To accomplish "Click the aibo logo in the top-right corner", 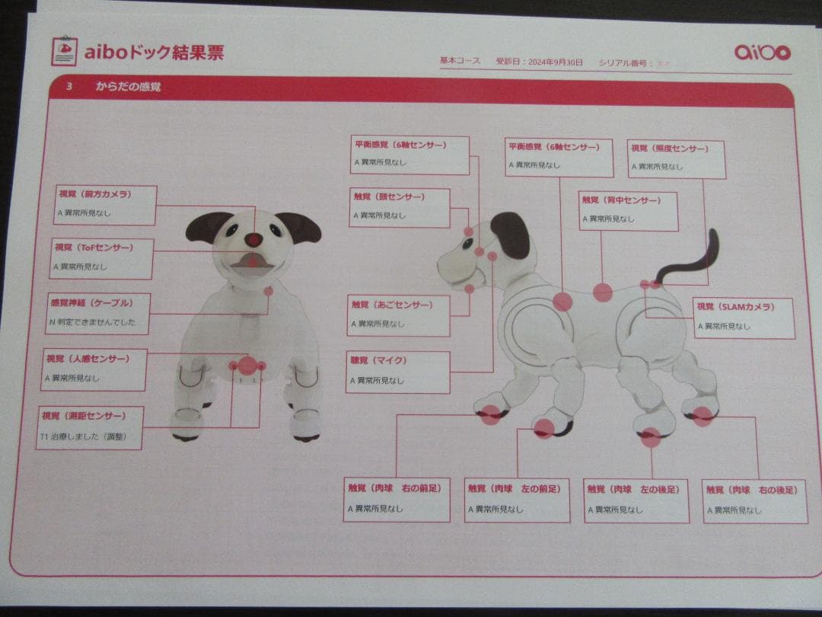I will click(763, 52).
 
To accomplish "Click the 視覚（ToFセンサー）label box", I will click(102, 258).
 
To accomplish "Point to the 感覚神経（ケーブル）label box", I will click(97, 313).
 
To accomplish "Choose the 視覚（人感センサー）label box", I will click(94, 369).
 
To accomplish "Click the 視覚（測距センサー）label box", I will click(89, 427).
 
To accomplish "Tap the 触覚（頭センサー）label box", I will click(400, 207).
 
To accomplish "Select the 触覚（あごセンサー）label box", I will click(398, 315).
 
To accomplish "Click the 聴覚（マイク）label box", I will click(397, 371).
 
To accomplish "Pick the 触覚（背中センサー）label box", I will click(628, 210).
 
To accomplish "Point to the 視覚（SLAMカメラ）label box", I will click(744, 317).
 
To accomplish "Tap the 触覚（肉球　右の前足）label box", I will click(397, 499).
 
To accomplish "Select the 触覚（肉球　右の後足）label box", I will click(755, 500).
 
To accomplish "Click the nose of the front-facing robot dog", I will click(253, 239).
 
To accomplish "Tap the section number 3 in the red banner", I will click(68, 87).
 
